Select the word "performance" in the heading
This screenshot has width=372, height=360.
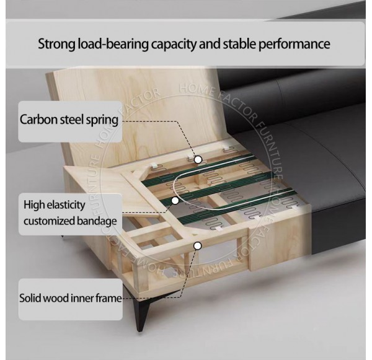pyautogui.click(x=296, y=45)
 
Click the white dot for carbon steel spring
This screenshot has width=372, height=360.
pyautogui.click(x=198, y=159)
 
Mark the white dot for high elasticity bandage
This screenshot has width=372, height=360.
pyautogui.click(x=175, y=200)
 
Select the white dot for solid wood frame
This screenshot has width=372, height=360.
pyautogui.click(x=198, y=245)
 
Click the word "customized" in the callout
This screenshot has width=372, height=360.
pyautogui.click(x=46, y=221)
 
